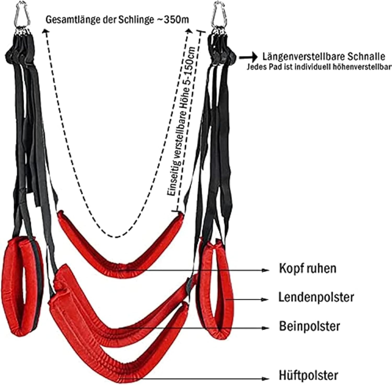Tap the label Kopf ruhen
[308, 269]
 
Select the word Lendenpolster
[316, 297]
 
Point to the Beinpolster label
[310, 326]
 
